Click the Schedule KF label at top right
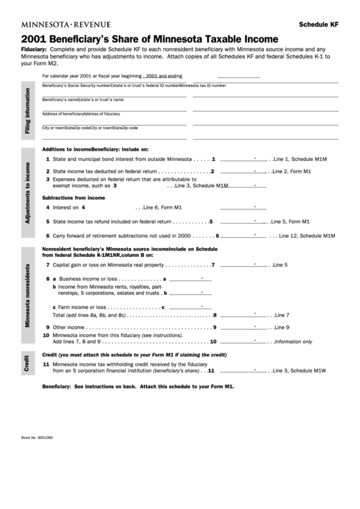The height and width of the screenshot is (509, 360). (x=319, y=24)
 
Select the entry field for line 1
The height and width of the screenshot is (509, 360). (x=242, y=158)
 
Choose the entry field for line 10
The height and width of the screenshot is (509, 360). (x=242, y=341)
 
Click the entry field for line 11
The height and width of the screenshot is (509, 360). (x=242, y=371)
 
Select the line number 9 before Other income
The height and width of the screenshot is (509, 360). (x=46, y=328)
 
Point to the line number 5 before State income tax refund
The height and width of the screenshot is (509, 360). (x=47, y=222)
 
